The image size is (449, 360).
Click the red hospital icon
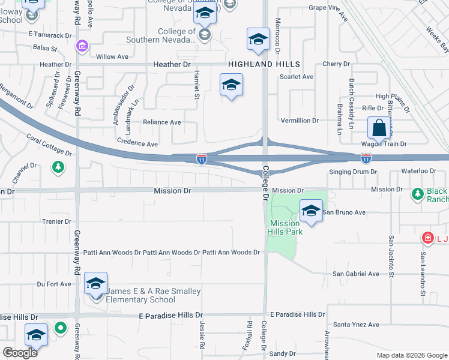(427, 238)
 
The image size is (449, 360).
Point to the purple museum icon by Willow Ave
(82, 46)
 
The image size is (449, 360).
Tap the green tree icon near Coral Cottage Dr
(58, 166)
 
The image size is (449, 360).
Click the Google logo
(20, 352)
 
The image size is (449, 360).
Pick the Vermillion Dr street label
(300, 121)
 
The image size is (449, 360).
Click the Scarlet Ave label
(300, 77)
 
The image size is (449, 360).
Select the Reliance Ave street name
(161, 122)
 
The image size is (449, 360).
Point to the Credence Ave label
(137, 144)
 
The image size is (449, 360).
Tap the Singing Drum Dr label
(352, 172)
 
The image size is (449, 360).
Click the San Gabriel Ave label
(356, 274)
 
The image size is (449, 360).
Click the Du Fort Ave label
(54, 284)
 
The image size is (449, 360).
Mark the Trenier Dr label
(58, 221)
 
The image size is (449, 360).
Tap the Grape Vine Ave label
(328, 8)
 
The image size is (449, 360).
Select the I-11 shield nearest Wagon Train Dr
(366, 158)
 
